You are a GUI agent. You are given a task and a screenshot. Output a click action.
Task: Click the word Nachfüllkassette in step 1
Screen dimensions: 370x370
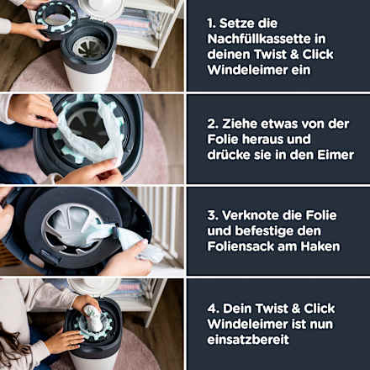coord(259,39)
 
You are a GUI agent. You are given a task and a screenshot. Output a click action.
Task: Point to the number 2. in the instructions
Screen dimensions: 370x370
coord(213,124)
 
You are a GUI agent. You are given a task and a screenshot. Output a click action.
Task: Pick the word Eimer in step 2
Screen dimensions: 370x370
coord(336,155)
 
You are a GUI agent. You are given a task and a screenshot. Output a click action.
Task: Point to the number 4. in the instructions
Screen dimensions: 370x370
coord(214,309)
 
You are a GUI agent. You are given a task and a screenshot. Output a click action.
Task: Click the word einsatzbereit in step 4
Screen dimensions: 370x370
coord(248,340)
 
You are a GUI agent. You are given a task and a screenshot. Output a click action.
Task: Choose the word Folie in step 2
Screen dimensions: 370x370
coord(223,140)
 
